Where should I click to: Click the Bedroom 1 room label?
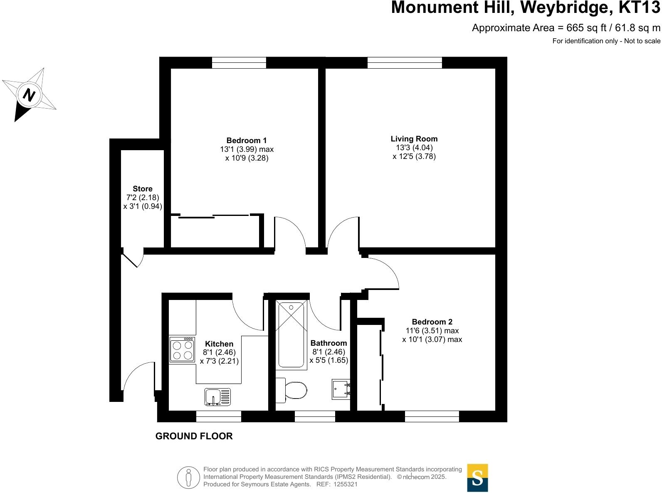click(x=247, y=141)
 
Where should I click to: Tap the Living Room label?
click(x=414, y=139)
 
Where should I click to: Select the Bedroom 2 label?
click(x=432, y=322)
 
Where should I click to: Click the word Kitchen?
click(x=219, y=344)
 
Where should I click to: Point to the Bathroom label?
click(x=329, y=343)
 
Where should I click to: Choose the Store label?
click(x=143, y=188)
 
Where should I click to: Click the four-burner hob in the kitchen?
click(x=182, y=350)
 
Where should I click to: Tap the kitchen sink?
click(x=217, y=396)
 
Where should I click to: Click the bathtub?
click(x=291, y=334)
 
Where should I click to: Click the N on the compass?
click(x=29, y=95)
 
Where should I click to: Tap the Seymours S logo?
click(x=477, y=478)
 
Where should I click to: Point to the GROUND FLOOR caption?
click(x=194, y=436)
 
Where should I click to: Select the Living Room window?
click(x=405, y=63)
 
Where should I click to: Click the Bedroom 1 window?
click(x=239, y=63)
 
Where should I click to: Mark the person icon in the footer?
click(x=189, y=478)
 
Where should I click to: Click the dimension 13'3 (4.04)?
click(x=414, y=148)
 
